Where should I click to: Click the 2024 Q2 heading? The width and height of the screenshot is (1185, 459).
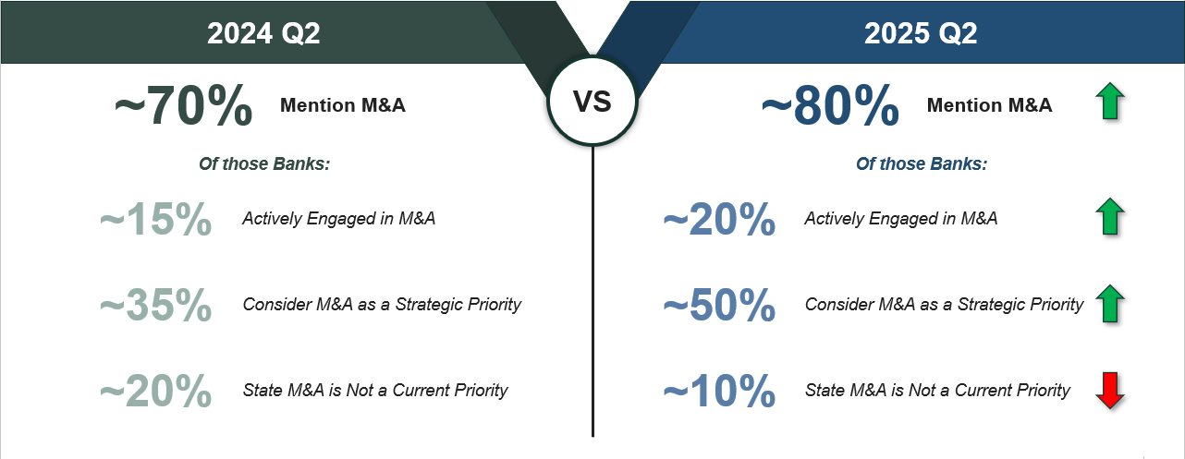(x=263, y=33)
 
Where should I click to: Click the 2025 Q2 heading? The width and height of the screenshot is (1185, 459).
(x=921, y=33)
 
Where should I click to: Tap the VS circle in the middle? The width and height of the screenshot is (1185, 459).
(x=592, y=101)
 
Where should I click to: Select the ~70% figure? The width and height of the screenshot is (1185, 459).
(x=184, y=105)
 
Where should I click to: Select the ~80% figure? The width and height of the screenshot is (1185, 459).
(x=830, y=105)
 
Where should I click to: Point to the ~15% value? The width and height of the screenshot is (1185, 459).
(x=156, y=219)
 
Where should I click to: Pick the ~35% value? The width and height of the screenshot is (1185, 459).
(x=156, y=305)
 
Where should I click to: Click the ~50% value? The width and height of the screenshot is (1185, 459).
(x=719, y=305)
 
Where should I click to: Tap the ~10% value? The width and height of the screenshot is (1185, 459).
(x=719, y=391)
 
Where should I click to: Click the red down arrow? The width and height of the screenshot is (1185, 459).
(x=1110, y=391)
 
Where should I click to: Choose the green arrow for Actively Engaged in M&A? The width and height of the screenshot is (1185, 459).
(x=1110, y=217)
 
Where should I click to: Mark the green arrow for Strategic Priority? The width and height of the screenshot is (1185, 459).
(x=1110, y=304)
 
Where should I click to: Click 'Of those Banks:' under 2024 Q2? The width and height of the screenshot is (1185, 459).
(x=264, y=164)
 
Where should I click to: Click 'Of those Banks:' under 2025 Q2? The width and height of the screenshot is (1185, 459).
(x=922, y=164)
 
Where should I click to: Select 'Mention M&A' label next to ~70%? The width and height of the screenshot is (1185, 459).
(x=343, y=105)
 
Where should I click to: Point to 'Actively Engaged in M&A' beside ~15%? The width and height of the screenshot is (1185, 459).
(x=338, y=218)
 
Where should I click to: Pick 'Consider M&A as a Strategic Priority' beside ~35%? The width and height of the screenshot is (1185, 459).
(x=382, y=305)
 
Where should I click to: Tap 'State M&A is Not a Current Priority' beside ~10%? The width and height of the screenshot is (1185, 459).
(x=937, y=391)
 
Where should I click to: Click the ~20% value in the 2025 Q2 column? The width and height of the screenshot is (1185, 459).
(x=719, y=219)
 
